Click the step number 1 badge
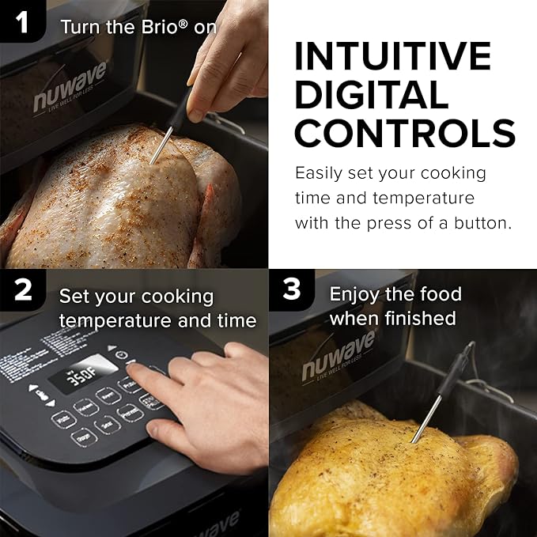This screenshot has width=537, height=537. pyautogui.click(x=22, y=22)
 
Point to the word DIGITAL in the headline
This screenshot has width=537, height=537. pyautogui.click(x=372, y=95)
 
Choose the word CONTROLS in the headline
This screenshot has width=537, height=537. pyautogui.click(x=405, y=132)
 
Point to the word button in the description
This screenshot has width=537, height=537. pyautogui.click(x=482, y=223)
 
